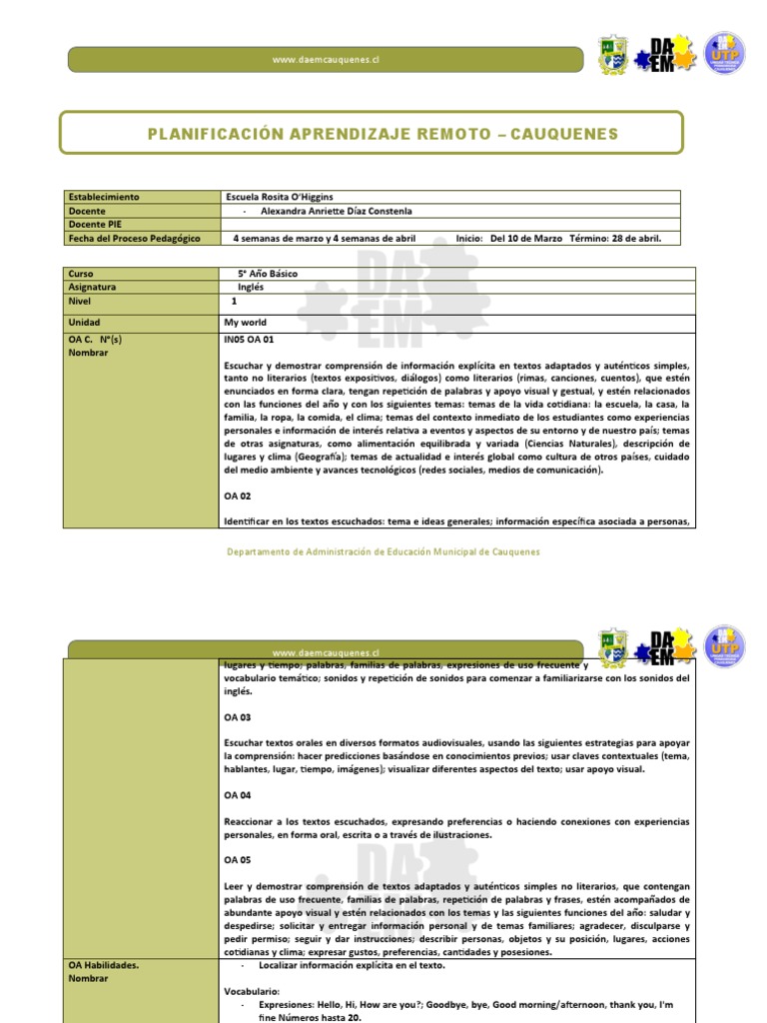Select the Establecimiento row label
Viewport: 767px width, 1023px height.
click(104, 197)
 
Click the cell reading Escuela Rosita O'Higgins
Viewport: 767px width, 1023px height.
click(283, 197)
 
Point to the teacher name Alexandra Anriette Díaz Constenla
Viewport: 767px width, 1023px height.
click(336, 211)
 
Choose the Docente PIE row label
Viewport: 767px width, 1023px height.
click(96, 225)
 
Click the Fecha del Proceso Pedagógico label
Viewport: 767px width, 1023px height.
click(134, 239)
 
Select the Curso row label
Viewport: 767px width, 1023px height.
click(80, 273)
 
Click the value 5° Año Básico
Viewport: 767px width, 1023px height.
click(267, 273)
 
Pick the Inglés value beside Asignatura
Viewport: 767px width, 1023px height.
click(251, 287)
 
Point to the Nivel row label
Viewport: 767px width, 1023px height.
click(79, 301)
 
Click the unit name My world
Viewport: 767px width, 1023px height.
click(246, 323)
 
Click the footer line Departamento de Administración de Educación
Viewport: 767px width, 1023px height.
click(383, 550)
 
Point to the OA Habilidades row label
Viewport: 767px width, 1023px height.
click(103, 965)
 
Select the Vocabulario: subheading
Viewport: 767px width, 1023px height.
click(252, 991)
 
